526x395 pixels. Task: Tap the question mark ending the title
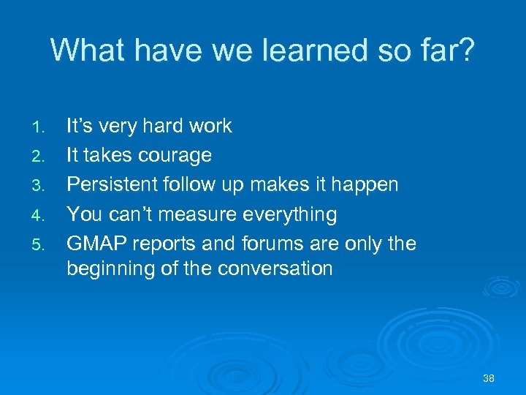tap(465, 50)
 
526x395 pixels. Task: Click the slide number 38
tap(489, 378)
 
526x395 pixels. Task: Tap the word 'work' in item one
tap(208, 127)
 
